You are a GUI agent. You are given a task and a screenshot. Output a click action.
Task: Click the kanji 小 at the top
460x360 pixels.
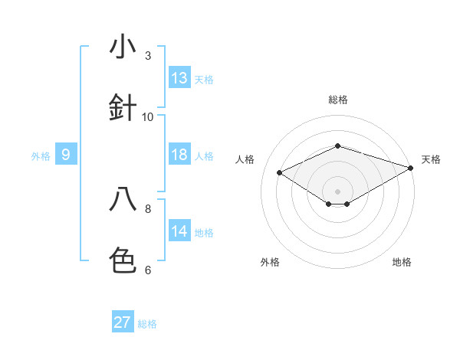point(123,47)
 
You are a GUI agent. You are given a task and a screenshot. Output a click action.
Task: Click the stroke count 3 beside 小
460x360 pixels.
point(148,55)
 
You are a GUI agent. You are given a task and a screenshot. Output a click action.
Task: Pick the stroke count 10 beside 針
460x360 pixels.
point(148,116)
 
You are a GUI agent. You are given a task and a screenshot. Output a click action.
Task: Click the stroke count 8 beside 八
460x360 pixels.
point(148,208)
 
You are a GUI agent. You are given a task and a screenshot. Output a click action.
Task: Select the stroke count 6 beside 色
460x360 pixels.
point(148,270)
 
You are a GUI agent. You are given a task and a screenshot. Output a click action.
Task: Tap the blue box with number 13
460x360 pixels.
point(179,78)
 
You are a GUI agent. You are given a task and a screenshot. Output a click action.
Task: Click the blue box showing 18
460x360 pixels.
point(179,155)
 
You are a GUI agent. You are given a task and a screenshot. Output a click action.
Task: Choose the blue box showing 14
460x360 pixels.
point(179,231)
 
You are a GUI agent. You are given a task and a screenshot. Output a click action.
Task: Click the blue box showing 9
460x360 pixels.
point(66,155)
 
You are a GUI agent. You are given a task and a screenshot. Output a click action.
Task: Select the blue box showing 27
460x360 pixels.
point(123,322)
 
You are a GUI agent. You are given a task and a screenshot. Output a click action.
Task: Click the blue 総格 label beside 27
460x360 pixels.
point(147,324)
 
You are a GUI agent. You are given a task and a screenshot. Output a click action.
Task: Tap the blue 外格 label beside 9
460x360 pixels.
point(41,156)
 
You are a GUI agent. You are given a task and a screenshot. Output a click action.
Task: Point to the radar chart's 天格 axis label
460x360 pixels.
point(431,159)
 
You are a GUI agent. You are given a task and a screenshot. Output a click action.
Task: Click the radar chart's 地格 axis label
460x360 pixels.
point(402,262)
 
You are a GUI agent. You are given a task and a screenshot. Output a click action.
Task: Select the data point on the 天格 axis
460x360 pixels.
point(412,167)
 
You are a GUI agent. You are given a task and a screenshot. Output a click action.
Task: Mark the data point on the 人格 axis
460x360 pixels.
point(280,172)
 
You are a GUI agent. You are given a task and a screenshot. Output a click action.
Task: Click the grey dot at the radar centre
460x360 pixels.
point(337,191)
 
